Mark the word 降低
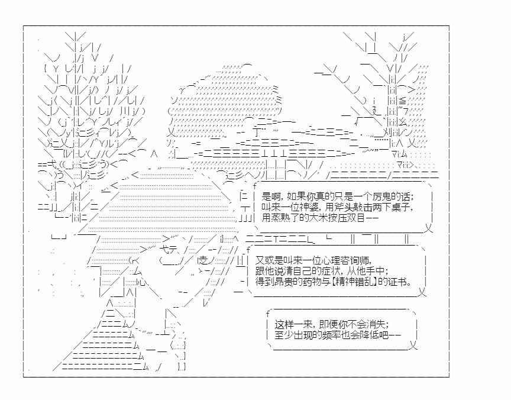pos(366,335)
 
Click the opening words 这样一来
pos(293,324)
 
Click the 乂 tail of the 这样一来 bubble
pos(413,345)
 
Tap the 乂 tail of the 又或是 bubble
pos(422,292)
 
